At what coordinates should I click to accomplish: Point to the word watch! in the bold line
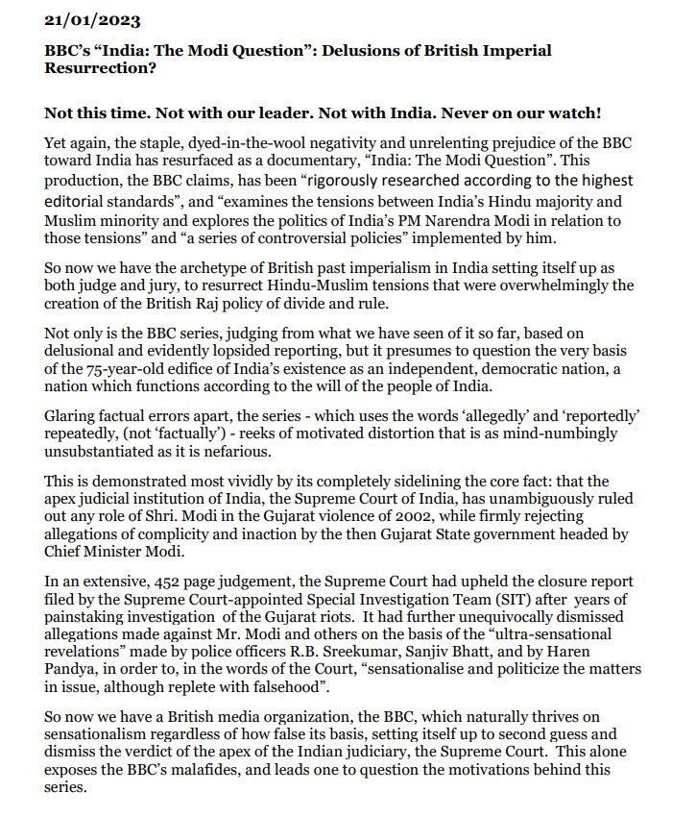[572, 112]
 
